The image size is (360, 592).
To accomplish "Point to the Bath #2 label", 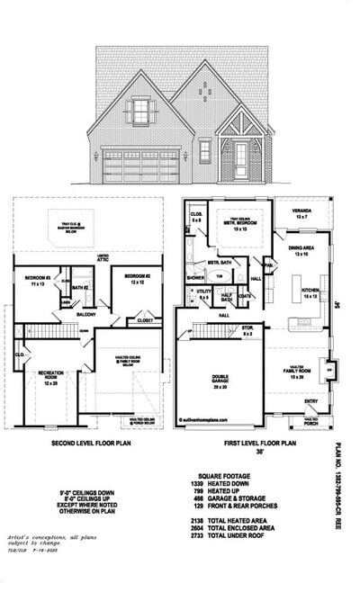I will pos(79,287).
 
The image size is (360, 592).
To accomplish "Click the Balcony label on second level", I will pos(85,315).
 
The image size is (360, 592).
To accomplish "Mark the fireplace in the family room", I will pos(330,369).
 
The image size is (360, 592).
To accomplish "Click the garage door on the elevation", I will pos(140,166).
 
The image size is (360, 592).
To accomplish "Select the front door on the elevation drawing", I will pos(240,159).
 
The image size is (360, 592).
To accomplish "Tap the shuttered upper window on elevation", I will pos(140,112).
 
